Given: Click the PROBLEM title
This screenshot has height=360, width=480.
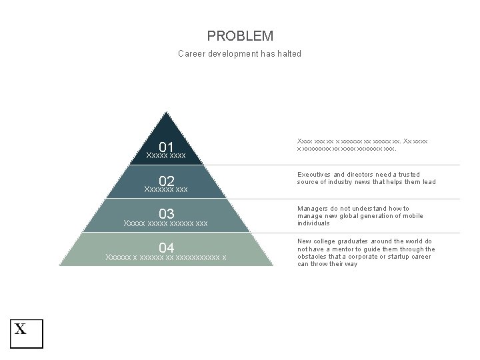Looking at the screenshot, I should click(x=240, y=36).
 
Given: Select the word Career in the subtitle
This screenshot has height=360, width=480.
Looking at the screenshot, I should click(x=192, y=54).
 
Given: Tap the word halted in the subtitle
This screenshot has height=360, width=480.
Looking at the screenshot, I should click(x=288, y=54).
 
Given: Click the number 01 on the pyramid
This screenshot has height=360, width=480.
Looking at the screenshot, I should click(x=166, y=147).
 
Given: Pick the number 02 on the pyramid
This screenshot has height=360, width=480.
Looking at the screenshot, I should click(x=166, y=181).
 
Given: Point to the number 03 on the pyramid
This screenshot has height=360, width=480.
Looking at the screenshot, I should click(x=166, y=214).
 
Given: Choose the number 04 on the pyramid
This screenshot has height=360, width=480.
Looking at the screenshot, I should click(x=166, y=249).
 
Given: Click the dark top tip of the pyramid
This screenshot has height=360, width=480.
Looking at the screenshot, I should click(x=166, y=123).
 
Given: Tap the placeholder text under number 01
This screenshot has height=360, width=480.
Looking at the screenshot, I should click(x=165, y=156).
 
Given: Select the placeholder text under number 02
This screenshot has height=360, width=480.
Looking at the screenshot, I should click(x=166, y=190).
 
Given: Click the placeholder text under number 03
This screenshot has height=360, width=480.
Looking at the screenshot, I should click(x=166, y=223).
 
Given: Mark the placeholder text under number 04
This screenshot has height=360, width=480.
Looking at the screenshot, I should click(x=166, y=257).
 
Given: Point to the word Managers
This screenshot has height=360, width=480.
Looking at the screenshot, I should click(x=313, y=209).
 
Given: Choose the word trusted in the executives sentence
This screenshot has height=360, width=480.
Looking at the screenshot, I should click(x=407, y=175).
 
